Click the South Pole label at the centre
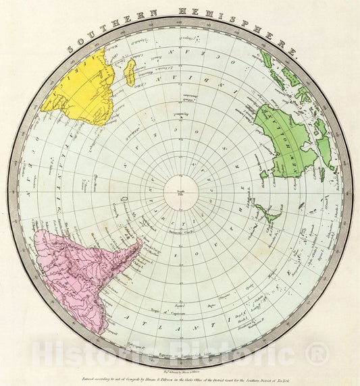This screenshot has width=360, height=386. (x=180, y=194)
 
